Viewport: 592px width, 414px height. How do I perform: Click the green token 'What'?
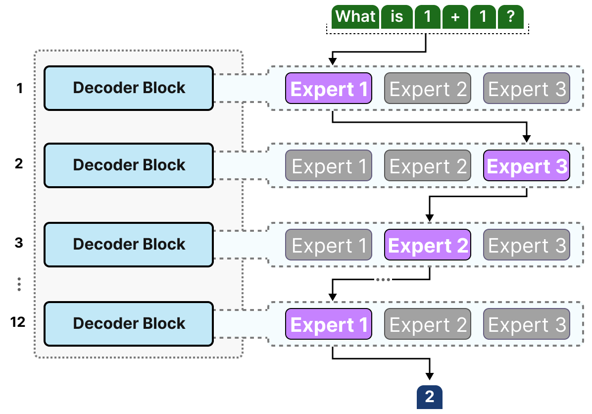click(x=355, y=17)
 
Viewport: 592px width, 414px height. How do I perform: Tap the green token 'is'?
click(x=396, y=17)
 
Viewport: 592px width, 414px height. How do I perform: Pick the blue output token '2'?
click(x=429, y=397)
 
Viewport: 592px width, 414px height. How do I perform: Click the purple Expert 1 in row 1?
click(x=329, y=89)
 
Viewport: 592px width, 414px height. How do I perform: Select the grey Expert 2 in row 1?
click(x=428, y=89)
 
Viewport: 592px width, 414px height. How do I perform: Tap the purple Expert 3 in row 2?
click(x=526, y=166)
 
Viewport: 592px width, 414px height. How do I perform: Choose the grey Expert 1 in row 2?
click(x=329, y=166)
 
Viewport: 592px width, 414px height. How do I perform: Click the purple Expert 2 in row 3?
click(x=428, y=245)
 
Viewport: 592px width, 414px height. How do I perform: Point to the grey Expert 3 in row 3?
click(x=526, y=245)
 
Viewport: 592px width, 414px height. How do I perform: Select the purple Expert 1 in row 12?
click(x=329, y=324)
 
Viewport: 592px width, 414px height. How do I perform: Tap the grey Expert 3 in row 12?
click(x=526, y=324)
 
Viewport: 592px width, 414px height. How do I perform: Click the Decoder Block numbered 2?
click(x=129, y=165)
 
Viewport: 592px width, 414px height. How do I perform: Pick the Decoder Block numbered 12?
click(x=129, y=323)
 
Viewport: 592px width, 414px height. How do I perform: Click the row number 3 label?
click(x=19, y=243)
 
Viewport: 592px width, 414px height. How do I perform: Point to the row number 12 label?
click(x=18, y=322)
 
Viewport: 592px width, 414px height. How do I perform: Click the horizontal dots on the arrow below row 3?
click(x=383, y=280)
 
